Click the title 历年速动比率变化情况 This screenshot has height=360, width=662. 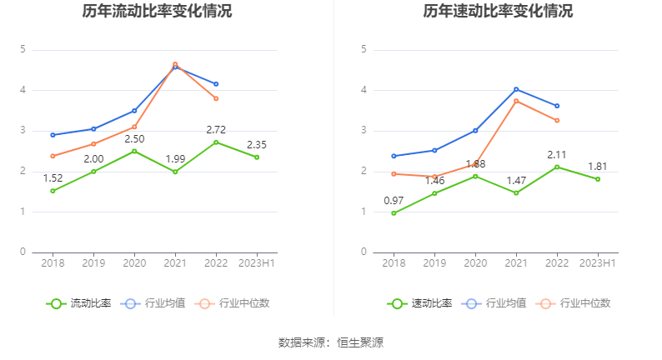click(x=498, y=12)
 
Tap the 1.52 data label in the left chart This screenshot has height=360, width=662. click(x=53, y=177)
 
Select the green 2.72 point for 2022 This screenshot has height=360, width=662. click(x=216, y=142)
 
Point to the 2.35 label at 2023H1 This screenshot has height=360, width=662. click(x=257, y=144)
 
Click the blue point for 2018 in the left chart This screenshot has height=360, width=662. click(x=53, y=135)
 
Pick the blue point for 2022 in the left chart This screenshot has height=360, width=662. click(x=216, y=84)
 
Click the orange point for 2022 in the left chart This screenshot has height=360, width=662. click(x=216, y=98)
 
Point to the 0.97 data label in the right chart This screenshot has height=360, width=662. click(x=394, y=200)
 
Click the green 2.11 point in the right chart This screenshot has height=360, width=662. click(x=557, y=167)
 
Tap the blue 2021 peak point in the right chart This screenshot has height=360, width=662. click(x=516, y=89)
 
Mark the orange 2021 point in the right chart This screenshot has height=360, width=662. click(x=516, y=101)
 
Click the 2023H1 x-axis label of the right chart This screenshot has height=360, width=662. click(x=598, y=263)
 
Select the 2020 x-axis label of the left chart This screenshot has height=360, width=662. click(x=134, y=263)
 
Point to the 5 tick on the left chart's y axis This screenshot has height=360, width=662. click(x=23, y=49)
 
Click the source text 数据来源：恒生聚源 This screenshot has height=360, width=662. click(x=331, y=342)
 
